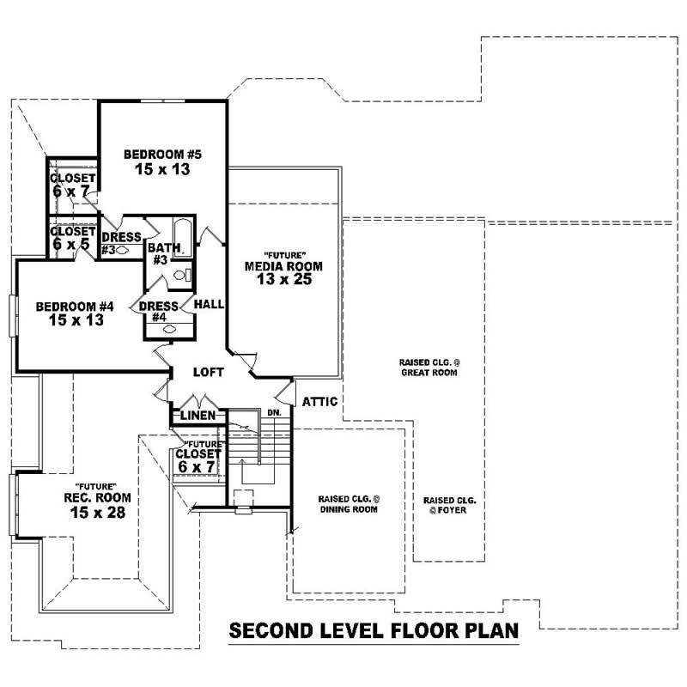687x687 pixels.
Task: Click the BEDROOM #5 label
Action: pos(162,155)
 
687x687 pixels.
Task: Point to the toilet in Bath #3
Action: pos(181,276)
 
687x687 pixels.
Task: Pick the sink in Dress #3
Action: pos(122,251)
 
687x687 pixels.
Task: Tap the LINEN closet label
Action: pos(198,417)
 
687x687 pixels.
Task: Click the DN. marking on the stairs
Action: pos(275,413)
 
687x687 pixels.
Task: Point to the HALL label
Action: pos(209,305)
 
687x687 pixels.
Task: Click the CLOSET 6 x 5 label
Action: pos(72,238)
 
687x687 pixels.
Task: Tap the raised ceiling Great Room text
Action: pos(428,368)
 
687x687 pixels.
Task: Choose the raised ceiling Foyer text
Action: pos(450,504)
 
